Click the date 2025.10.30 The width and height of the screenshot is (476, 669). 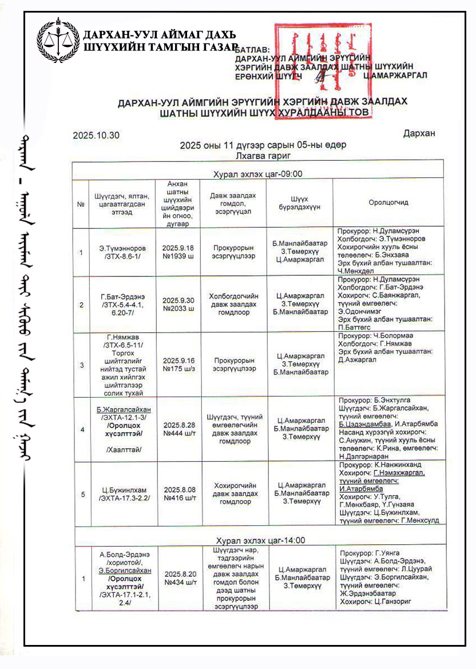click(96, 136)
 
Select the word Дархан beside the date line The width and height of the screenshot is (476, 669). click(419, 133)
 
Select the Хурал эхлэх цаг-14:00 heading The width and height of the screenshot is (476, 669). click(260, 540)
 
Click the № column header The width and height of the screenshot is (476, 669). click(81, 203)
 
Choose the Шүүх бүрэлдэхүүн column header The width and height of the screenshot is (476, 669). click(299, 203)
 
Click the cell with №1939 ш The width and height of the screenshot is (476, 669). click(179, 252)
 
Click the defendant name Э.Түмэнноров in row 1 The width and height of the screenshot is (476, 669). click(122, 248)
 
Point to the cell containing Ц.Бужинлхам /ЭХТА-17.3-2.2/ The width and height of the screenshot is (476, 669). click(122, 494)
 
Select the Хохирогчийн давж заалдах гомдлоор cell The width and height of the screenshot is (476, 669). click(233, 493)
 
